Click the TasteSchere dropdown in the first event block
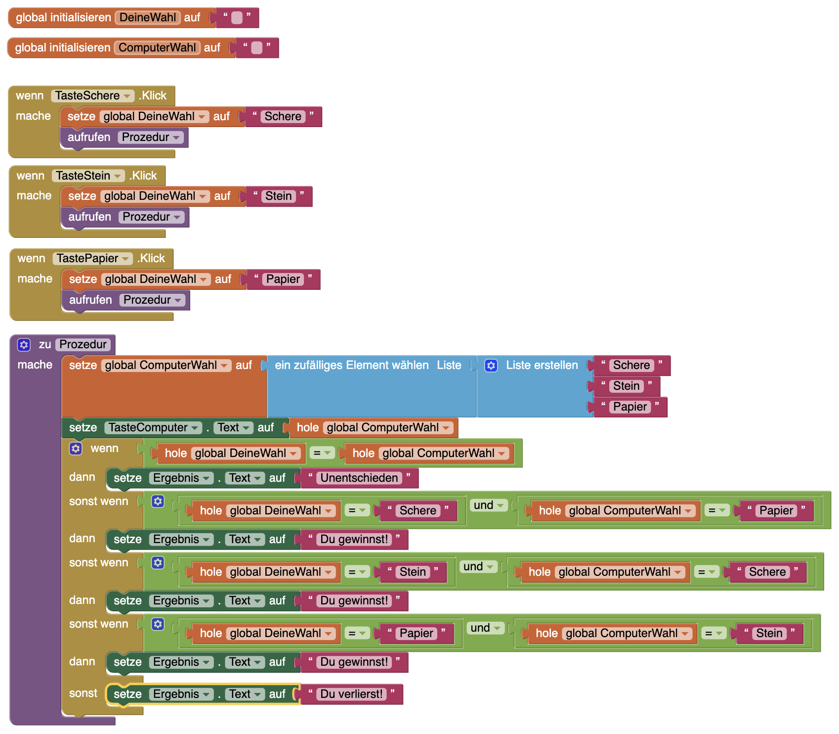[92, 95]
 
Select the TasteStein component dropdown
[88, 176]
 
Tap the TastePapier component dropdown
[92, 258]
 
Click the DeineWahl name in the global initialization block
[147, 17]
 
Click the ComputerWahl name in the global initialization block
[157, 47]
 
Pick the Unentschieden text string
[359, 478]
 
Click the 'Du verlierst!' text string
[351, 694]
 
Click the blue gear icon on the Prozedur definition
[24, 344]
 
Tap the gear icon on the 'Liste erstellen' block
[491, 366]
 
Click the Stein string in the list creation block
[626, 386]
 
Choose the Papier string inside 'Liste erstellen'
[629, 407]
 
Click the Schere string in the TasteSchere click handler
[283, 116]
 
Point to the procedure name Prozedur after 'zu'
[83, 344]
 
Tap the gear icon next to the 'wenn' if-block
[76, 449]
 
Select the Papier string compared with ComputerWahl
[776, 510]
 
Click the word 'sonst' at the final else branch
[83, 693]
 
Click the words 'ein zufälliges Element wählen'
[351, 365]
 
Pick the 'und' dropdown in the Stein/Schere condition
[478, 566]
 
